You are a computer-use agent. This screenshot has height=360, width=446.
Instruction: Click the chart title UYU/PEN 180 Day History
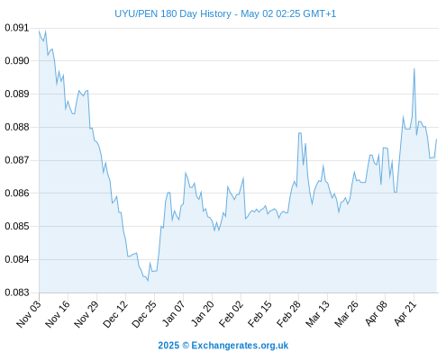pyautogui.click(x=173, y=13)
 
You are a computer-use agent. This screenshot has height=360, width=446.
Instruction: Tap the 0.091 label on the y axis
pyautogui.click(x=17, y=28)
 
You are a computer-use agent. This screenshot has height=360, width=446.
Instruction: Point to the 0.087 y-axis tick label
pyautogui.click(x=17, y=160)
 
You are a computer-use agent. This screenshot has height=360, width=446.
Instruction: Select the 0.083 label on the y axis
pyautogui.click(x=17, y=292)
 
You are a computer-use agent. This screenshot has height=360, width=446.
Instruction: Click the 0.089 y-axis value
pyautogui.click(x=17, y=94)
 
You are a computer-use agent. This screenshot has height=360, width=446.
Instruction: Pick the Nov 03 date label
pyautogui.click(x=28, y=314)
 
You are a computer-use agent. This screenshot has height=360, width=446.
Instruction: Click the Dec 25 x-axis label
pyautogui.click(x=143, y=314)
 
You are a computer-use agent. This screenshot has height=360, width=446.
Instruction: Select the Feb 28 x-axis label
pyautogui.click(x=288, y=314)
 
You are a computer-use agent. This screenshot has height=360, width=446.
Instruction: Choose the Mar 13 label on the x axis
pyautogui.click(x=317, y=314)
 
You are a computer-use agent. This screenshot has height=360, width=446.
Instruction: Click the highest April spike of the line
pyautogui.click(x=414, y=69)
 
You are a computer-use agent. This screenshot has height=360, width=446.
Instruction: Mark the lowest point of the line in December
pyautogui.click(x=148, y=281)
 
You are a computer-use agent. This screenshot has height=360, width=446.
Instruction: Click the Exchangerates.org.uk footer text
pyautogui.click(x=240, y=346)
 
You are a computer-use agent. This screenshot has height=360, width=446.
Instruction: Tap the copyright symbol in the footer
pyautogui.click(x=186, y=346)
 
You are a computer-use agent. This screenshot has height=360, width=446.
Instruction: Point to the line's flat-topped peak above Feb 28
pyautogui.click(x=300, y=133)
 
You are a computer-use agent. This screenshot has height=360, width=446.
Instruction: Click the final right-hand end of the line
pyautogui.click(x=437, y=139)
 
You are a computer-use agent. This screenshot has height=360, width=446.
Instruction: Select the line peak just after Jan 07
pyautogui.click(x=186, y=173)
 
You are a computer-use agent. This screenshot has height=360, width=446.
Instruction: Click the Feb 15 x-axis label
pyautogui.click(x=259, y=314)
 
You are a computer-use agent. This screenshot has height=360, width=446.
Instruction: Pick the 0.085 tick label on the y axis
pyautogui.click(x=17, y=226)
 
